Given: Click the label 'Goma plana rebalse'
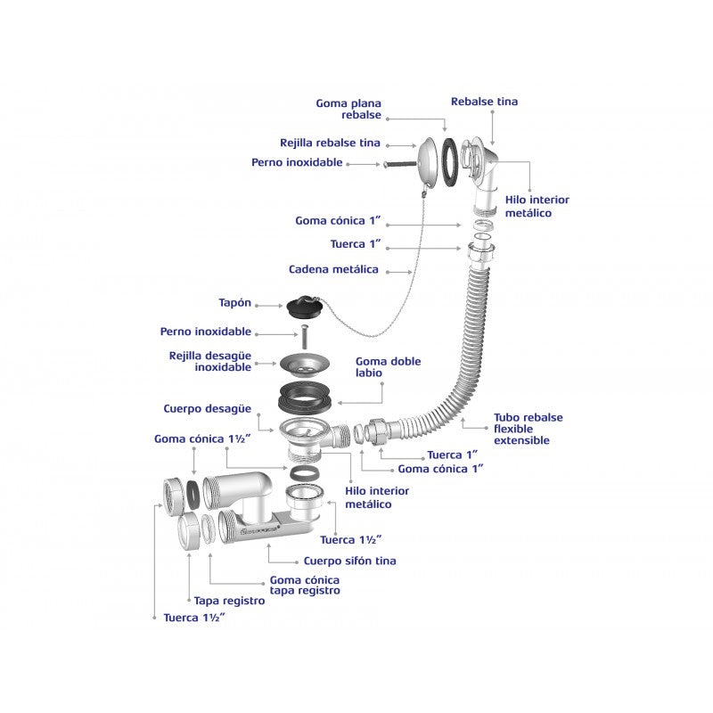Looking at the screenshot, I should (x=348, y=110).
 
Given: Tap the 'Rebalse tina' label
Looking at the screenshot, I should (x=484, y=102).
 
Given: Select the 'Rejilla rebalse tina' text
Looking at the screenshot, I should (x=330, y=143).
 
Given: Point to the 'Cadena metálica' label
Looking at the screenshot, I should (x=333, y=269).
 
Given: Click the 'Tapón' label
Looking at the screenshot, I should (x=235, y=303).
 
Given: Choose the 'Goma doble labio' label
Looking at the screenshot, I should (x=388, y=368).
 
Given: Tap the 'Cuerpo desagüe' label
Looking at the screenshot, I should (x=207, y=409).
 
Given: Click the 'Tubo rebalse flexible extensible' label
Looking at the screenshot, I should (x=529, y=429).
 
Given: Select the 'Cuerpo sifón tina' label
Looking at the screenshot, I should (x=349, y=561).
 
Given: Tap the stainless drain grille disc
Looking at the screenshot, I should (x=304, y=363).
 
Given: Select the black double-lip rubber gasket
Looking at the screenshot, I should (x=304, y=394).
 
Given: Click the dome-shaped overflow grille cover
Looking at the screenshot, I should (x=429, y=162).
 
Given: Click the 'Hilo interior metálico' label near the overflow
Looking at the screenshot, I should (x=537, y=206).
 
